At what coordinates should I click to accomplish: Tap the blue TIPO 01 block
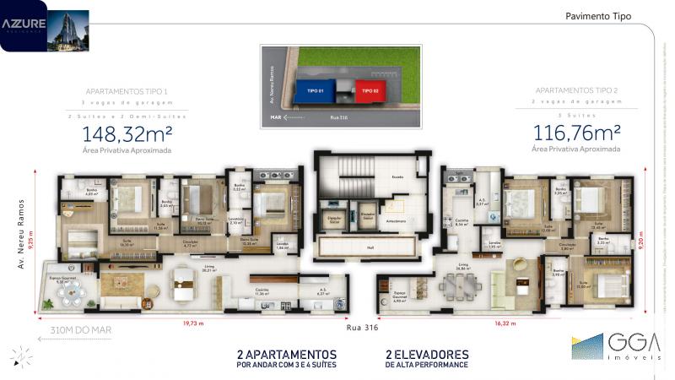[315, 89]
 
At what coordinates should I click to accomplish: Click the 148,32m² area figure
[127, 133]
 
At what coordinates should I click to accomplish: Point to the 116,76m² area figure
[576, 133]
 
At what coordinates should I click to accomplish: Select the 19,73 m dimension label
[196, 322]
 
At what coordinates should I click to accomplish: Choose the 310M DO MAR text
[81, 330]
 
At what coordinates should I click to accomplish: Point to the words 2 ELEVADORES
[427, 354]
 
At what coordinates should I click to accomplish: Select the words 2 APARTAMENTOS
[287, 354]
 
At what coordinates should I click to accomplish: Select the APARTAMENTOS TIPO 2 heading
[576, 90]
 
